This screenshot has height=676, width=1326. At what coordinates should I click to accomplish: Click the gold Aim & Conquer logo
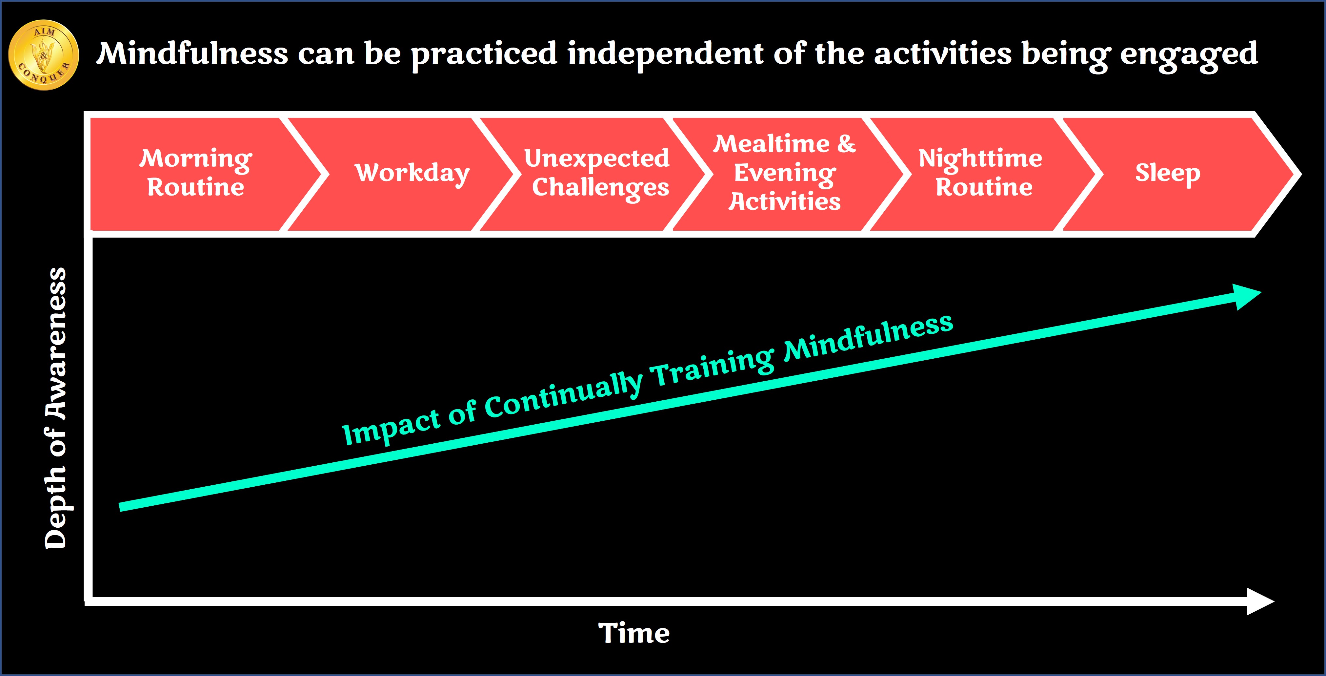pos(44,54)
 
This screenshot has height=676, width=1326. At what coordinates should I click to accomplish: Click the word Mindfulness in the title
pos(192,53)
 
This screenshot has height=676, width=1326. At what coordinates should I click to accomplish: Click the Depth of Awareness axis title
pos(56,408)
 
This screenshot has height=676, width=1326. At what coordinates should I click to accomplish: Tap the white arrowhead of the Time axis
pos(1260,601)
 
